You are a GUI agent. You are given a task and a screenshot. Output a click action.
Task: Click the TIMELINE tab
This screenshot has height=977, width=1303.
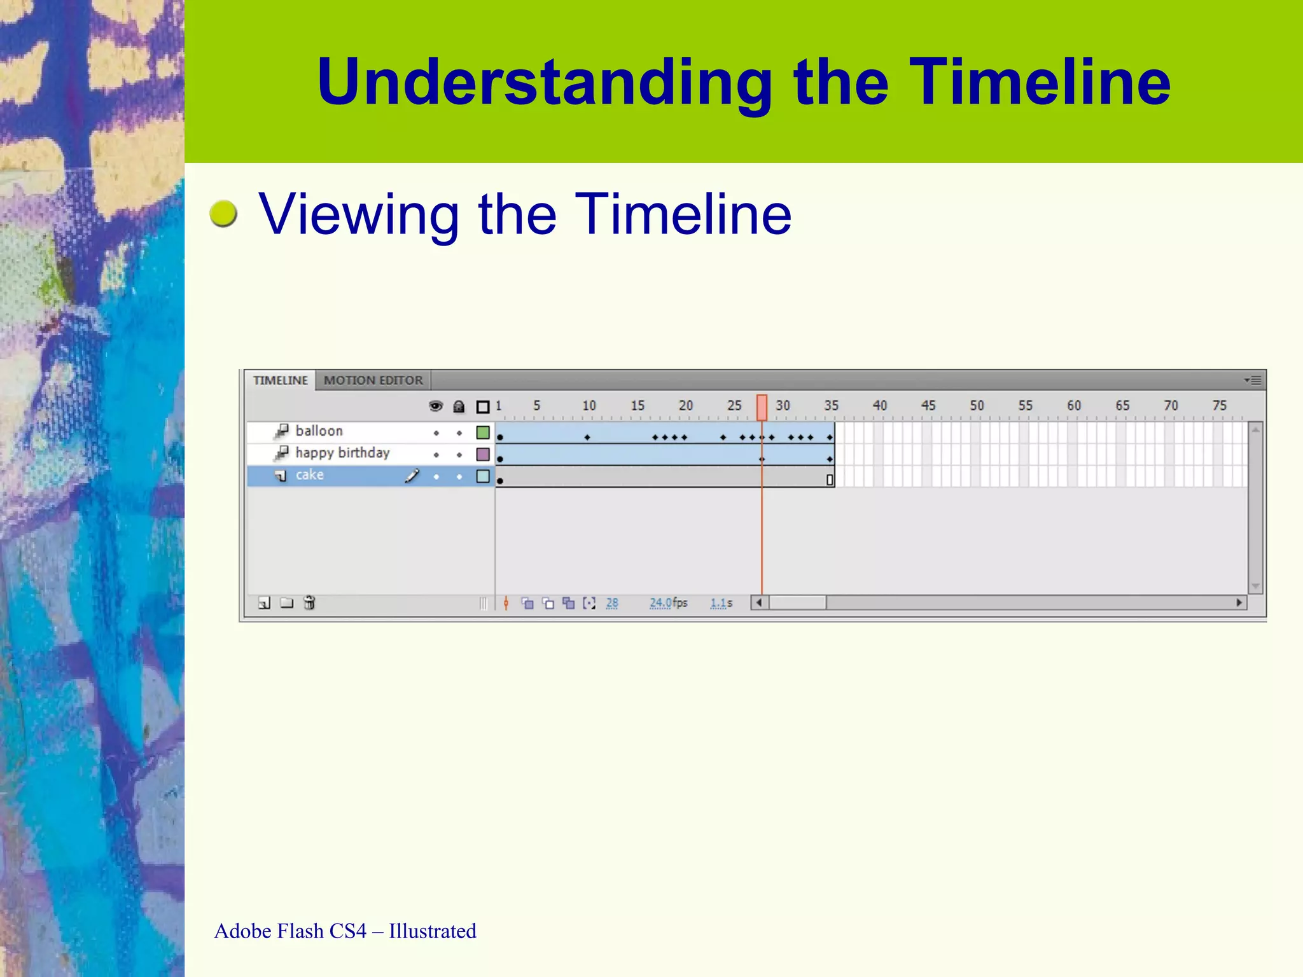point(280,380)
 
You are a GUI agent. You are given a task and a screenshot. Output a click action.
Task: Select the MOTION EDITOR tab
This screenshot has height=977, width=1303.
point(373,380)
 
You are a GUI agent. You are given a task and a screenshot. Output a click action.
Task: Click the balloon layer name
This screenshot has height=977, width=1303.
point(319,431)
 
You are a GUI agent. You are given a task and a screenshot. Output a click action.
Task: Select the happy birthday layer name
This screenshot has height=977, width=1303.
point(342,453)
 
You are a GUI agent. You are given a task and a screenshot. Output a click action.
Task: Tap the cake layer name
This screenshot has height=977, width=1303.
point(309,475)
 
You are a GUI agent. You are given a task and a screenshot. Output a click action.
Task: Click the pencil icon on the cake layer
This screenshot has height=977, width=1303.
point(412,476)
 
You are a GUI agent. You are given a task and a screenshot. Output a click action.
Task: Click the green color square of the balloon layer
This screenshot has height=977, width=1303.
point(483,433)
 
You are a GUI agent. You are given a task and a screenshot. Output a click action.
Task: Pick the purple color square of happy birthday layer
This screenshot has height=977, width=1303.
point(483,454)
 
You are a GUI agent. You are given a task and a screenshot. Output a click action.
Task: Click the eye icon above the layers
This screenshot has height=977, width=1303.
point(436,406)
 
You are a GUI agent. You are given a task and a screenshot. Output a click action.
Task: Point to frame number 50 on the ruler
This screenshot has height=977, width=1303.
point(977,406)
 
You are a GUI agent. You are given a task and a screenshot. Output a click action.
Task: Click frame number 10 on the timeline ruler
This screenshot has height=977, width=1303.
point(589,406)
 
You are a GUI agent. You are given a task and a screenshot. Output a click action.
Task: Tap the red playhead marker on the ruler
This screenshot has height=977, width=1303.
point(762,407)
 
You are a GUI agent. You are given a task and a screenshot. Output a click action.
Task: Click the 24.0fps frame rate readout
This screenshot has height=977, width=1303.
point(668,602)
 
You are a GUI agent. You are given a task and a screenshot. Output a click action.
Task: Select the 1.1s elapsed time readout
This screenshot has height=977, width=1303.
point(721,602)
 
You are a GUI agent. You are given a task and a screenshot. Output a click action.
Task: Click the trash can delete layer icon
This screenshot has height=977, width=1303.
point(309,602)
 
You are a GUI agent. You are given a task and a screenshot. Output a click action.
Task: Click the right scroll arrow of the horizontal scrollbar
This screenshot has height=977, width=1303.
point(1239,602)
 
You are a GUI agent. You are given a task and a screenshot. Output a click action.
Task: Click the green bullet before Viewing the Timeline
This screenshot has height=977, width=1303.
point(223,214)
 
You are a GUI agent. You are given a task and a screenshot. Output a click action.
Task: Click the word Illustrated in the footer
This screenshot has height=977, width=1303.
point(433,931)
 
